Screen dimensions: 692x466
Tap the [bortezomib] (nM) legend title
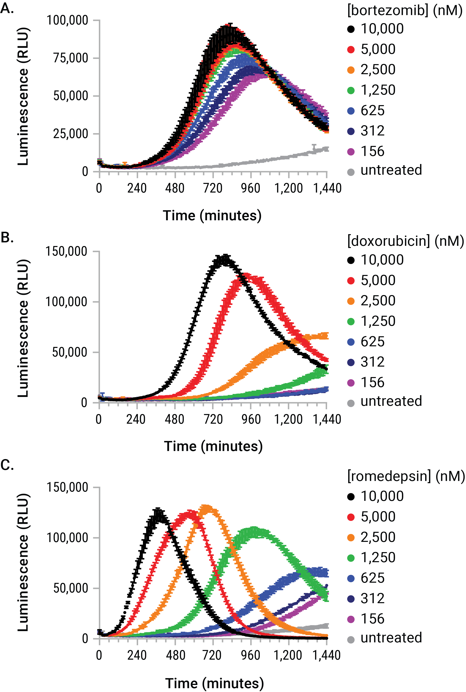click(x=405, y=10)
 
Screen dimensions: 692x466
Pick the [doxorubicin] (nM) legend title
click(x=405, y=241)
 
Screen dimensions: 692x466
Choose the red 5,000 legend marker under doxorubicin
click(x=351, y=281)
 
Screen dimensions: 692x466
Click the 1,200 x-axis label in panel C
click(x=288, y=655)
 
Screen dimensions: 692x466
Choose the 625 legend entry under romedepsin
click(x=372, y=578)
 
